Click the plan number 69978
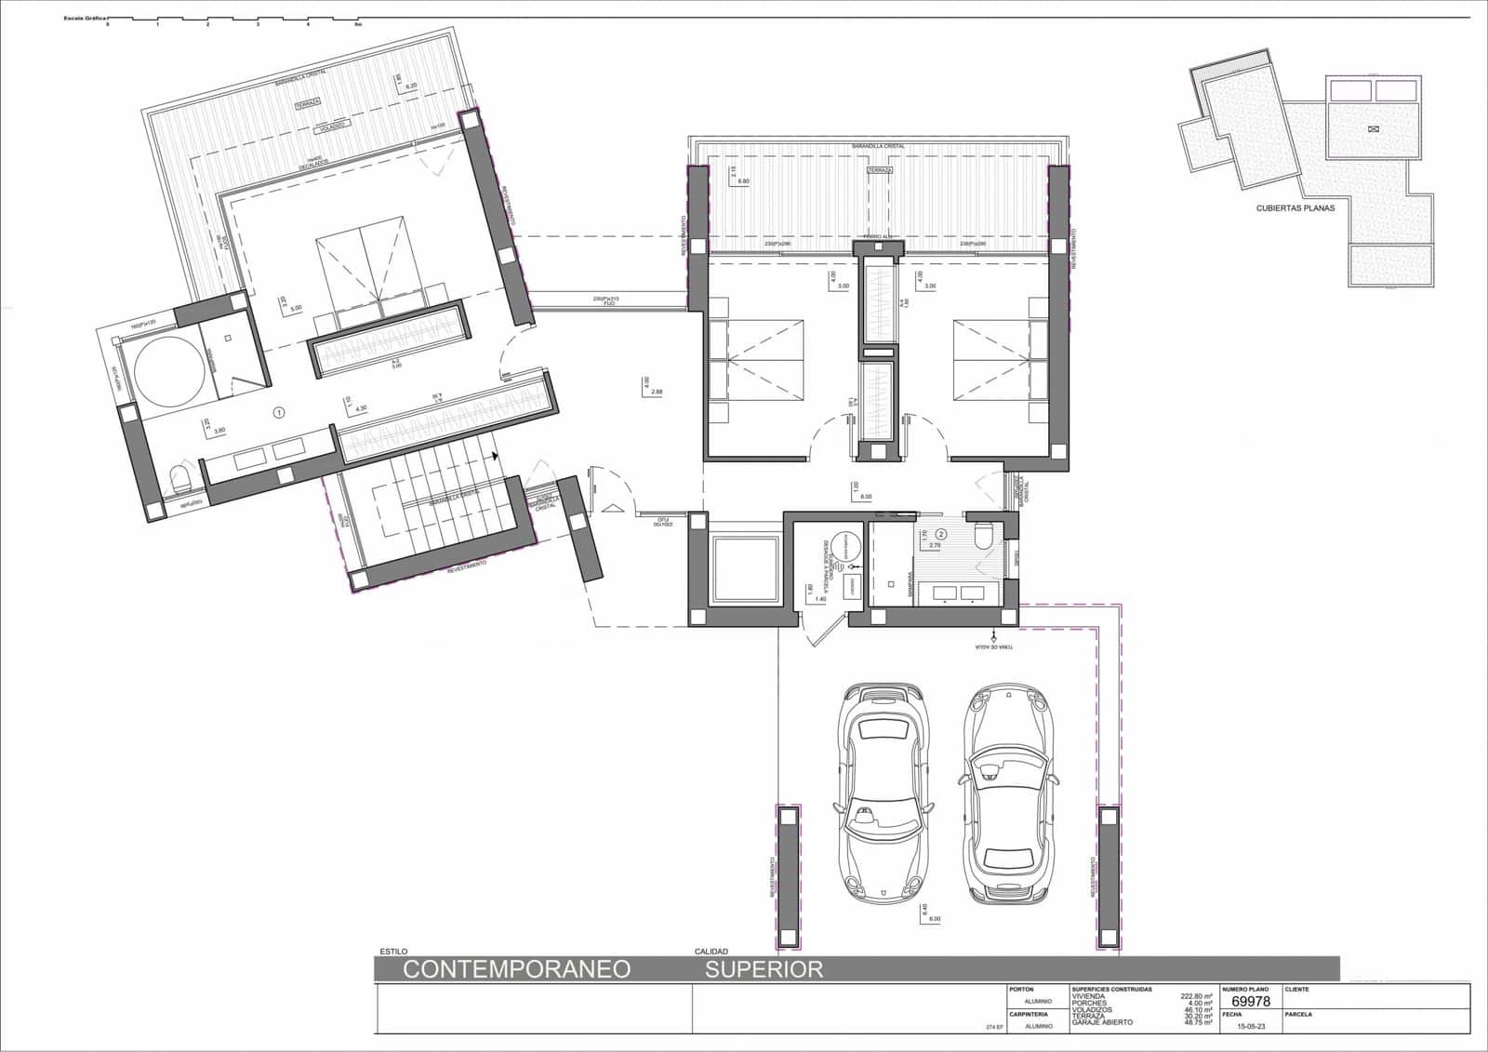pyautogui.click(x=1250, y=1002)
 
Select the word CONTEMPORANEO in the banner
pyautogui.click(x=516, y=969)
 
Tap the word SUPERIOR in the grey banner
pyautogui.click(x=764, y=969)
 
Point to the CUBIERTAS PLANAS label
pyautogui.click(x=1295, y=207)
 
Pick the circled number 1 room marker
pyautogui.click(x=278, y=412)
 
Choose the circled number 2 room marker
pyautogui.click(x=941, y=535)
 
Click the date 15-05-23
pyautogui.click(x=1251, y=1026)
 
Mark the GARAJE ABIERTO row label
pyautogui.click(x=1102, y=1022)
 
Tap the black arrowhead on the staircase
pyautogui.click(x=496, y=457)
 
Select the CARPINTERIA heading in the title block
pyautogui.click(x=1029, y=1014)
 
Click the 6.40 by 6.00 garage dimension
pyautogui.click(x=927, y=913)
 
